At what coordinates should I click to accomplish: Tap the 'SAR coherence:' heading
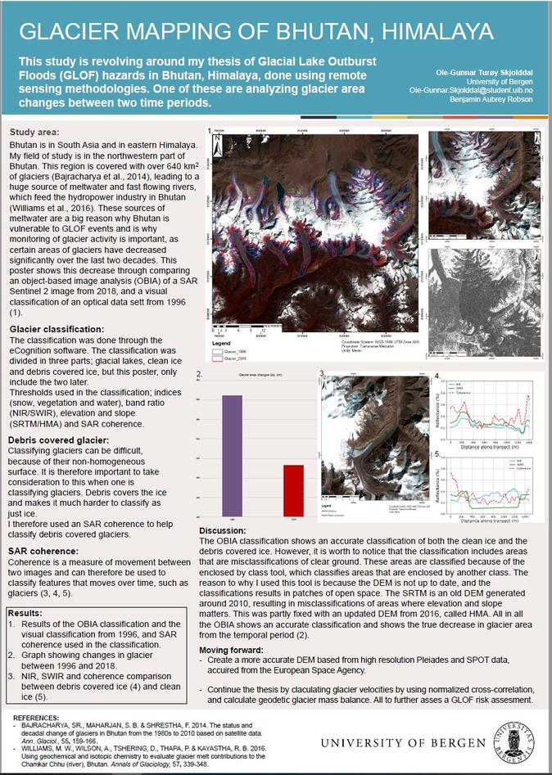pos(41,551)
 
